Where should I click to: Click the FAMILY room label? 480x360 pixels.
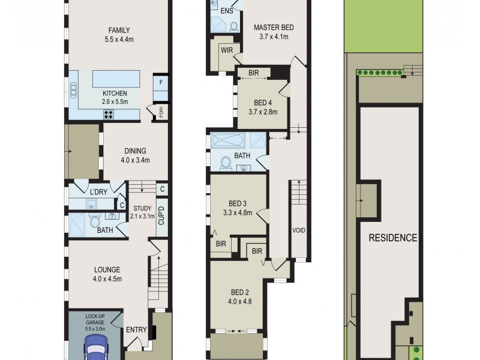[x=119, y=30]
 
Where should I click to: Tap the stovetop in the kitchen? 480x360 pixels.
[x=109, y=114]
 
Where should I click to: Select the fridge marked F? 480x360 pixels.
[x=161, y=88]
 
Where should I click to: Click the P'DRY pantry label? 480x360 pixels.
[x=161, y=112]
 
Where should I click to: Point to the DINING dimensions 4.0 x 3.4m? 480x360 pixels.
[x=136, y=160]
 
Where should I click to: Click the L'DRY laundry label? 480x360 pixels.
[x=98, y=192]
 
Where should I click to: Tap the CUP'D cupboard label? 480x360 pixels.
[x=161, y=215]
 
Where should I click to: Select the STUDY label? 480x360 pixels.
[x=142, y=208]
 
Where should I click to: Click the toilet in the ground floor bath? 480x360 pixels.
[x=95, y=220]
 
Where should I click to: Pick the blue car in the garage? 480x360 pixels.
[x=95, y=347]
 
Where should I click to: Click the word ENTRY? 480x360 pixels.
[x=137, y=329]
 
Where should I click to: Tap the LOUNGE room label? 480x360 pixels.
[x=107, y=269]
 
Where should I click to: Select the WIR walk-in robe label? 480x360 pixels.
[x=227, y=50]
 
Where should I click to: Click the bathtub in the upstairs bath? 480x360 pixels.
[x=228, y=140]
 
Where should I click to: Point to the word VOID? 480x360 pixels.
[x=299, y=230]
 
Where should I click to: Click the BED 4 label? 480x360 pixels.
[x=263, y=103]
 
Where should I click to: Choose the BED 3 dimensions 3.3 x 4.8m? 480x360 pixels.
[x=238, y=212]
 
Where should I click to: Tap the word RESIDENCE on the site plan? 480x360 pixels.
[x=393, y=238]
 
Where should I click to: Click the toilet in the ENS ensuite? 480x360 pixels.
[x=235, y=27]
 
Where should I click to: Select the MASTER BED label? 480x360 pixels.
[x=274, y=27]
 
